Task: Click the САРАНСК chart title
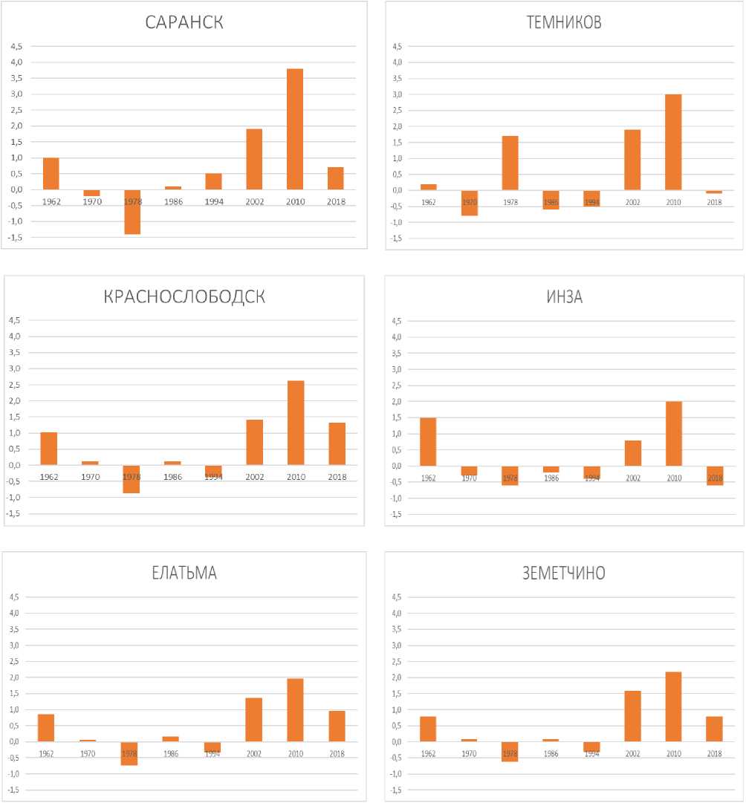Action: [x=184, y=22]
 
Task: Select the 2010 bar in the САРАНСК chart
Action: [x=295, y=129]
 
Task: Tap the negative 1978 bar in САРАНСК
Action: [x=132, y=212]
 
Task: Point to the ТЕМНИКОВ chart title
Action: [x=563, y=22]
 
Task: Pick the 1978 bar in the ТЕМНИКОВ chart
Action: [x=510, y=163]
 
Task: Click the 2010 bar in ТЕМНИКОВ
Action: [x=673, y=143]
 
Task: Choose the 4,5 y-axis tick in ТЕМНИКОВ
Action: [x=397, y=47]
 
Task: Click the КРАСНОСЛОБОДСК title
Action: [x=184, y=297]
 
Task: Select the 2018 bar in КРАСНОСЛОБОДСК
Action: [x=337, y=444]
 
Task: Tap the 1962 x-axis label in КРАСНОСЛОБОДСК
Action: [x=49, y=477]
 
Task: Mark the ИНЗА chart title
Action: [x=564, y=297]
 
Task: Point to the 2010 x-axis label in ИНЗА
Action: [x=674, y=478]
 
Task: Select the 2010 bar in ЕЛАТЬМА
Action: [x=295, y=710]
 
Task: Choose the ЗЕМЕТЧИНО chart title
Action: [x=563, y=573]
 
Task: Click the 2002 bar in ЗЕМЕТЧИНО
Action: [x=633, y=716]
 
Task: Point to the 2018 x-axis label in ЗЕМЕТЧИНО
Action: [x=715, y=754]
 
